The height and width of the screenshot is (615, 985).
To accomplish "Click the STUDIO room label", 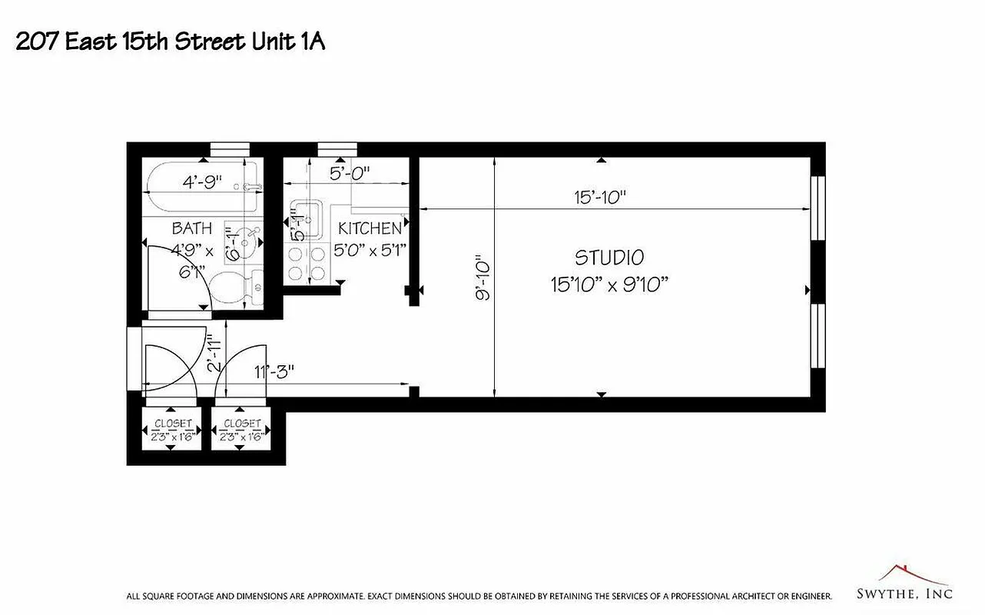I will pos(609,257).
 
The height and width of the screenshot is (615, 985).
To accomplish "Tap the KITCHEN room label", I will pos(370,228).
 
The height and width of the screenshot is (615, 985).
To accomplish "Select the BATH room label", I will pos(192,228).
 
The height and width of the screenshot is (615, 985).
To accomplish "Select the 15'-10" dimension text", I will pos(600,197).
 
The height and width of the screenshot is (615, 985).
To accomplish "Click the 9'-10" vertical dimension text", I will pos(482,278).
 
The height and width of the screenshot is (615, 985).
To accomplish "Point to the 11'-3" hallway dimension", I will pos(274,372).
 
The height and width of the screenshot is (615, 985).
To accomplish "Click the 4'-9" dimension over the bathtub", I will pos(202,182).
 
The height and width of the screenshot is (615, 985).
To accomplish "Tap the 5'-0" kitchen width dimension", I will pos(350,173).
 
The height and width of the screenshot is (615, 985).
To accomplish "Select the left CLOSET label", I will pos(173,424).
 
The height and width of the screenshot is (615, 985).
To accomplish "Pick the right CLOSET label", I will pos(242,424).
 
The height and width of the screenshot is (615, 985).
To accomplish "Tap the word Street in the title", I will pos(209,42).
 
